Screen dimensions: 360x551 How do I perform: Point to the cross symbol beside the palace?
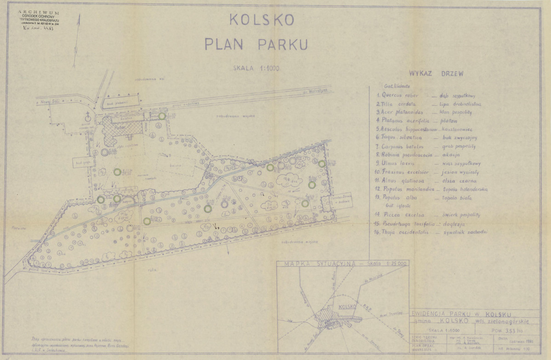point(88,113)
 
